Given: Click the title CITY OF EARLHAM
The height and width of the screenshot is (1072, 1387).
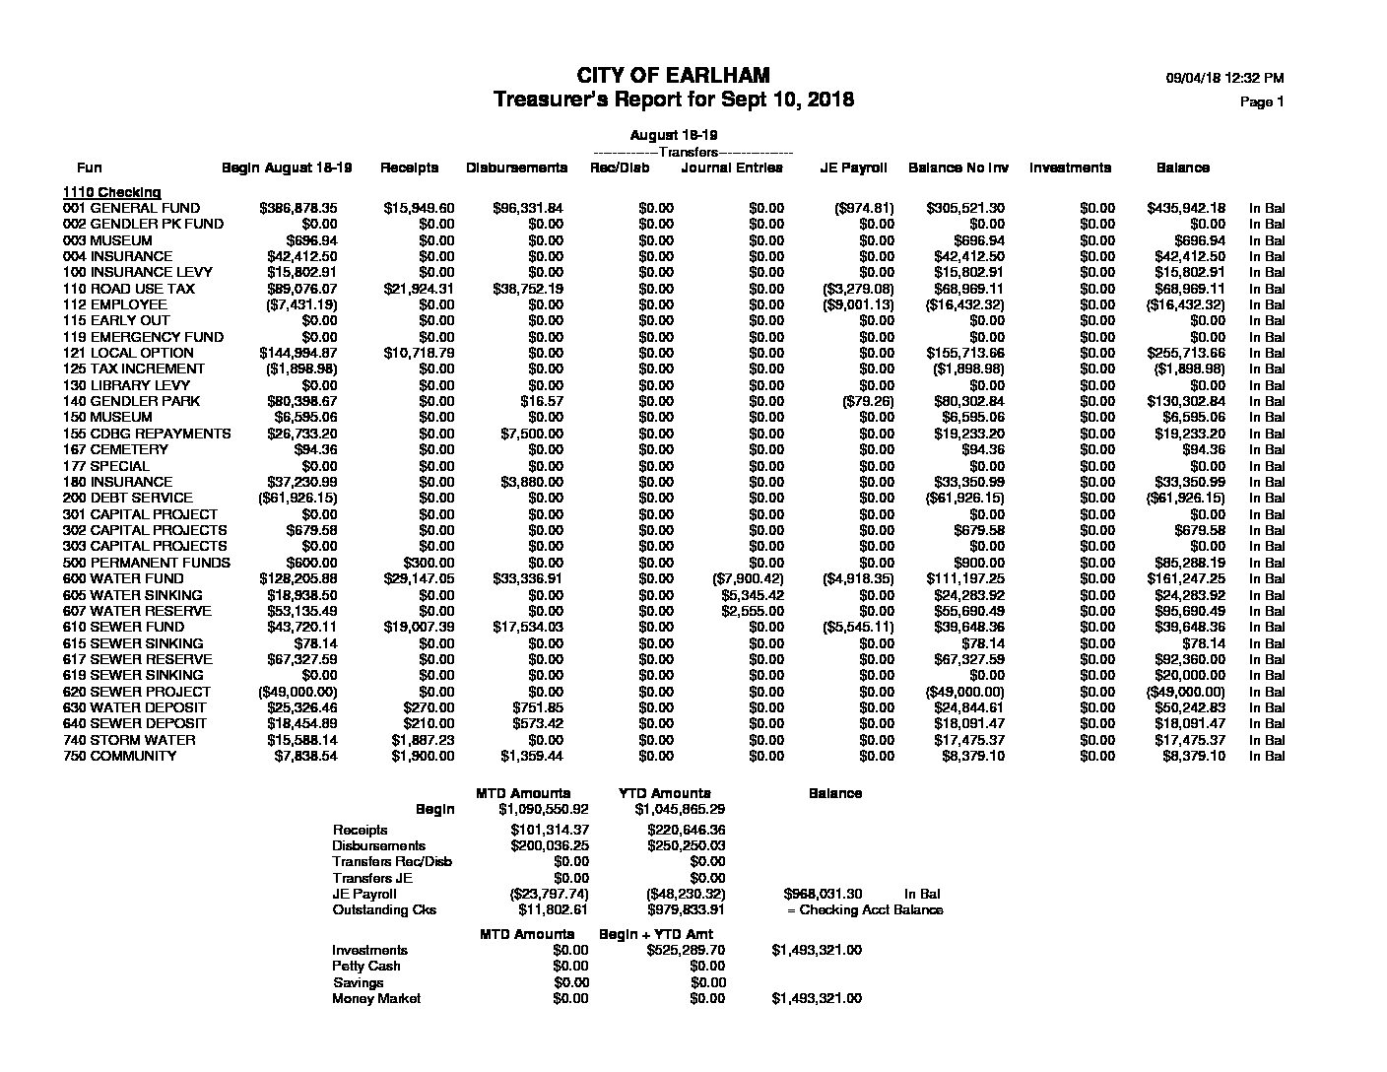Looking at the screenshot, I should [x=673, y=76].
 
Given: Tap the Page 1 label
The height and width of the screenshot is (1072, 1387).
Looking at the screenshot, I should [x=1262, y=101].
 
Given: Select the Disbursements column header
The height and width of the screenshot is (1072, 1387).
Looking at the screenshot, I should [x=516, y=167].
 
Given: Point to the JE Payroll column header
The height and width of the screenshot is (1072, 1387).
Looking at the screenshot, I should [x=853, y=167].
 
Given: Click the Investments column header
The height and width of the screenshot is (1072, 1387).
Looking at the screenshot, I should [x=1070, y=167].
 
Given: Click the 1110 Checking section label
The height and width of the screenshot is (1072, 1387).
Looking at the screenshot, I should [x=111, y=192].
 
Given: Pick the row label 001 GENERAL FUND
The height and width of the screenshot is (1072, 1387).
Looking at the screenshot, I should [x=131, y=208].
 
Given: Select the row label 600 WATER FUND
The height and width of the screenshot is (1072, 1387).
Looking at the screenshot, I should [x=123, y=578].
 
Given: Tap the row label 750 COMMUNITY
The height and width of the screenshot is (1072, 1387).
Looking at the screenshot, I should [x=119, y=756].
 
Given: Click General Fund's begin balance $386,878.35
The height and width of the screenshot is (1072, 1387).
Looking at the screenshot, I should [x=297, y=208].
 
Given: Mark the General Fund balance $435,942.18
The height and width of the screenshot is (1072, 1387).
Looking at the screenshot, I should [x=1186, y=208].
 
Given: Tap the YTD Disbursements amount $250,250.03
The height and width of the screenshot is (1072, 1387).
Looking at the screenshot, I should [x=686, y=845].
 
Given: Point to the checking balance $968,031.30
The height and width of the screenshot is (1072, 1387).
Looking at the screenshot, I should [x=823, y=894].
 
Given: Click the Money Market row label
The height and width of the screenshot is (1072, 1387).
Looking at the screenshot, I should [x=376, y=998].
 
